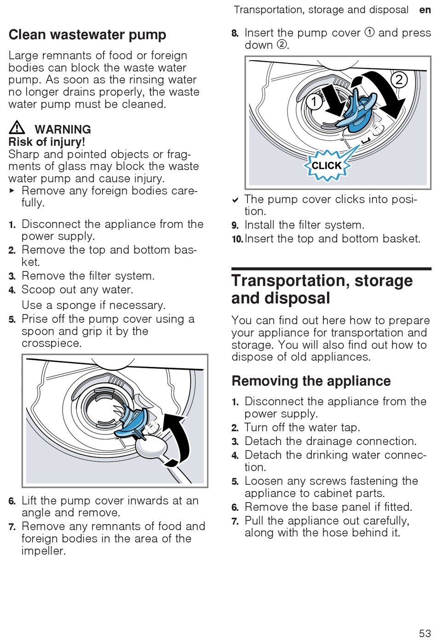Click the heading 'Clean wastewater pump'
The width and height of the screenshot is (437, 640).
coord(87,34)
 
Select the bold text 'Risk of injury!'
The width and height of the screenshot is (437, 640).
coord(47,142)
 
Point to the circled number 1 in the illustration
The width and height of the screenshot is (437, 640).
coord(314,101)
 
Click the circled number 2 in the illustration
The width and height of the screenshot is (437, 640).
coord(399,80)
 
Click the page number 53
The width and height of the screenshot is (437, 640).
coord(425,633)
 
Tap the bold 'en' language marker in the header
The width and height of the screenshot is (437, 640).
coord(425,10)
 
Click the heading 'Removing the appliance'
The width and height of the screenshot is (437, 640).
coord(311,381)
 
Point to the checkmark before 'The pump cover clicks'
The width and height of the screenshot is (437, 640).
coord(235,200)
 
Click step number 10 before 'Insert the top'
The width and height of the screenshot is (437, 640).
coord(237,239)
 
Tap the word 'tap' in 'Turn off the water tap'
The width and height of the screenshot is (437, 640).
coord(348,427)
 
